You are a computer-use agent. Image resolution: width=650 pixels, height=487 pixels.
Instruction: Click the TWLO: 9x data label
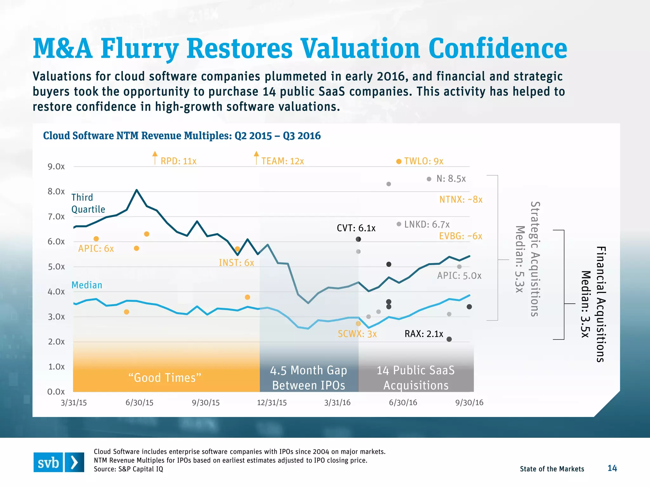point(423,161)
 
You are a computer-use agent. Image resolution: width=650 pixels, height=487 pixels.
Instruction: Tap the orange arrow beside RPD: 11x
point(155,158)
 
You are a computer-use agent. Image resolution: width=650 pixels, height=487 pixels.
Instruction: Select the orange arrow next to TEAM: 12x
point(256,158)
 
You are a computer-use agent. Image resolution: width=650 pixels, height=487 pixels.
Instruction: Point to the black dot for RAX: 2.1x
point(449,339)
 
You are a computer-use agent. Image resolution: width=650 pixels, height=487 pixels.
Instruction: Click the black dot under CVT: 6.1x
point(358,239)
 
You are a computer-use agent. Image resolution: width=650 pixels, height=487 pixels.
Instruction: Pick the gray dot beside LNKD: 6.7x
point(399,224)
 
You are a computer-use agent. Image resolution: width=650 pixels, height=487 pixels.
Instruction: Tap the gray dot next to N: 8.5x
point(429,179)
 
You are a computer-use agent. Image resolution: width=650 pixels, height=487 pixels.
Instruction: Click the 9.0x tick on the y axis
point(56,167)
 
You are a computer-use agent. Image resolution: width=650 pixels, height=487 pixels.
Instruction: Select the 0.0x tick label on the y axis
point(56,392)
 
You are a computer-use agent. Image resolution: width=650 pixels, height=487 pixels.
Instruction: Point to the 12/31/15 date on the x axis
point(272,403)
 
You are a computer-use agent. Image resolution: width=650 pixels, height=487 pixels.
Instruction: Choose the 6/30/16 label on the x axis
point(403,403)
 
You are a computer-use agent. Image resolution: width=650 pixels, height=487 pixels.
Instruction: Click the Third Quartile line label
point(88,203)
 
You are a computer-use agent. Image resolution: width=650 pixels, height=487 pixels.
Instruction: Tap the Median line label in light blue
point(87,285)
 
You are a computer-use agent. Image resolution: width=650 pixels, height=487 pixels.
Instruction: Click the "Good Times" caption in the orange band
point(165,378)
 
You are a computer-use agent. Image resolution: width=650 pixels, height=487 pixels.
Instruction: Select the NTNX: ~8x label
point(461,200)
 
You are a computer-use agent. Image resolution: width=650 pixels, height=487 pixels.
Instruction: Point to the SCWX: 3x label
point(357,334)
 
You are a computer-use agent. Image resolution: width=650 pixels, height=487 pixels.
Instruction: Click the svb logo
point(59,462)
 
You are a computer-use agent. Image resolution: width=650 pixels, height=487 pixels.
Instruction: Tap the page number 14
point(612,468)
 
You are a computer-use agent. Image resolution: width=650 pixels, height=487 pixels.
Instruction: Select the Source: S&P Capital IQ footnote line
point(128,469)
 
